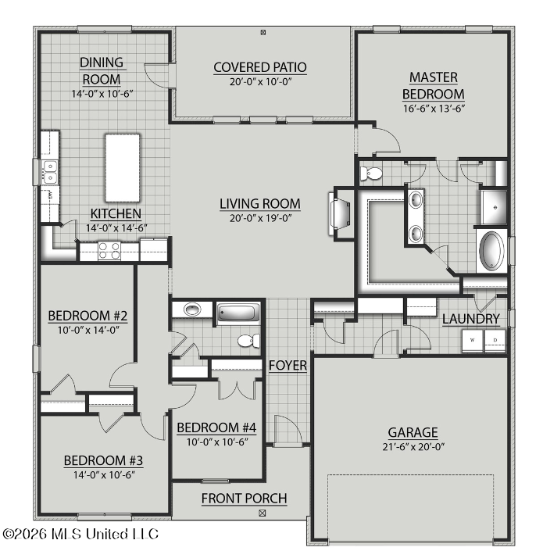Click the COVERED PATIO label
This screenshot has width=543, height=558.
260,67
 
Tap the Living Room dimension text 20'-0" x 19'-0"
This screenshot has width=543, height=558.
260,218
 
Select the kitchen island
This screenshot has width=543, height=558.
123,167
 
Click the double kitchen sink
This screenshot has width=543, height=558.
50,172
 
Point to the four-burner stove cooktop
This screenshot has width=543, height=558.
109,251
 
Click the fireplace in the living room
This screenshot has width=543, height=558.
339,213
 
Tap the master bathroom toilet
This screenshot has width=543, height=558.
371,173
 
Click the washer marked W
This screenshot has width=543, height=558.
473,341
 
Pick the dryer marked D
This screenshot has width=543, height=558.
495,341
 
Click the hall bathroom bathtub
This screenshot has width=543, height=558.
238,313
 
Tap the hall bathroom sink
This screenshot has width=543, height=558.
192,309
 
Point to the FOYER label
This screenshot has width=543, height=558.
288,366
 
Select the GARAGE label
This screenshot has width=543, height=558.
413,432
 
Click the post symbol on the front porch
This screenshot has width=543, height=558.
263,513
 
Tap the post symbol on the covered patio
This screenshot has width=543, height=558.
263,33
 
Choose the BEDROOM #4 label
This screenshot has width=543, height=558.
216,427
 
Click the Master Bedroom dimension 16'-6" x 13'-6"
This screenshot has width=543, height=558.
434,109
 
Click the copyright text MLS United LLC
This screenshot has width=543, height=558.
104,534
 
